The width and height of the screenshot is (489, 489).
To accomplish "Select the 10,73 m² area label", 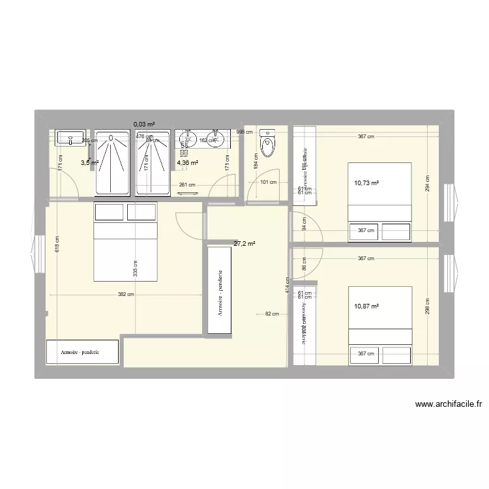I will tap(366, 183).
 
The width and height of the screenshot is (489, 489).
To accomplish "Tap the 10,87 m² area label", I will tap(366, 306).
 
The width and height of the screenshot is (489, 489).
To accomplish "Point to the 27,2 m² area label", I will tap(244, 244).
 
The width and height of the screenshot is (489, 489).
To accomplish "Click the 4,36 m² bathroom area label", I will tap(188, 163).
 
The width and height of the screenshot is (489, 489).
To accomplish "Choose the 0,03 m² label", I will tap(144, 124).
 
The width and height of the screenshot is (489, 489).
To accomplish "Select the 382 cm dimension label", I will tap(126, 294).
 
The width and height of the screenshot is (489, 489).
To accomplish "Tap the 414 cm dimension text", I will tap(287, 286).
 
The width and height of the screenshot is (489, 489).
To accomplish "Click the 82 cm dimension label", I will tap(272, 314).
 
